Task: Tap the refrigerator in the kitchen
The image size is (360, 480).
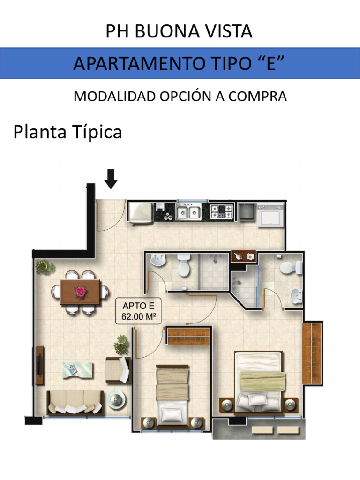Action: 140,213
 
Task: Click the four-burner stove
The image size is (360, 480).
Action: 221,211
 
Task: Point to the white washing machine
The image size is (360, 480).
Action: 271,215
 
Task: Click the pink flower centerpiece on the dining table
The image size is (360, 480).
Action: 81,292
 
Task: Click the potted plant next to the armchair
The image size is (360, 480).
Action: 122,344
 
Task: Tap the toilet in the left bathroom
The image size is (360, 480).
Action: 184,265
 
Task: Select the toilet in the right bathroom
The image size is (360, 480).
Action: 289,267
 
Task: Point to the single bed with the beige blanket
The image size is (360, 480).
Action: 173,393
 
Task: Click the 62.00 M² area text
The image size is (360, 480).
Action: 139,316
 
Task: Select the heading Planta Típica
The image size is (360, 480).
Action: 67,132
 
